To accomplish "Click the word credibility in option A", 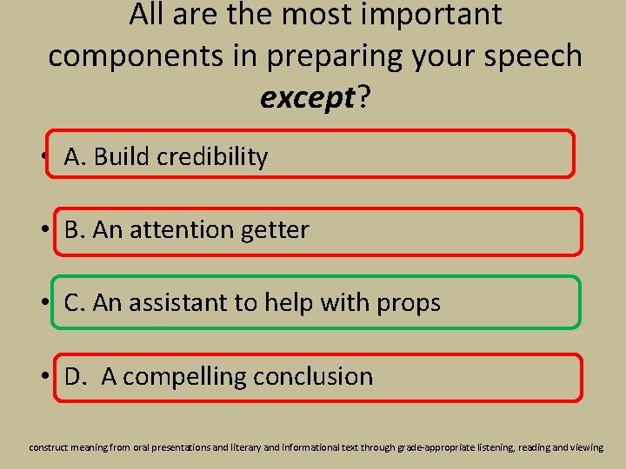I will point(215,156).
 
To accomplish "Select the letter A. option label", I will point(75,156).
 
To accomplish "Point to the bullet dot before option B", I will point(44,231).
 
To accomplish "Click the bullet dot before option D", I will point(44,378).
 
